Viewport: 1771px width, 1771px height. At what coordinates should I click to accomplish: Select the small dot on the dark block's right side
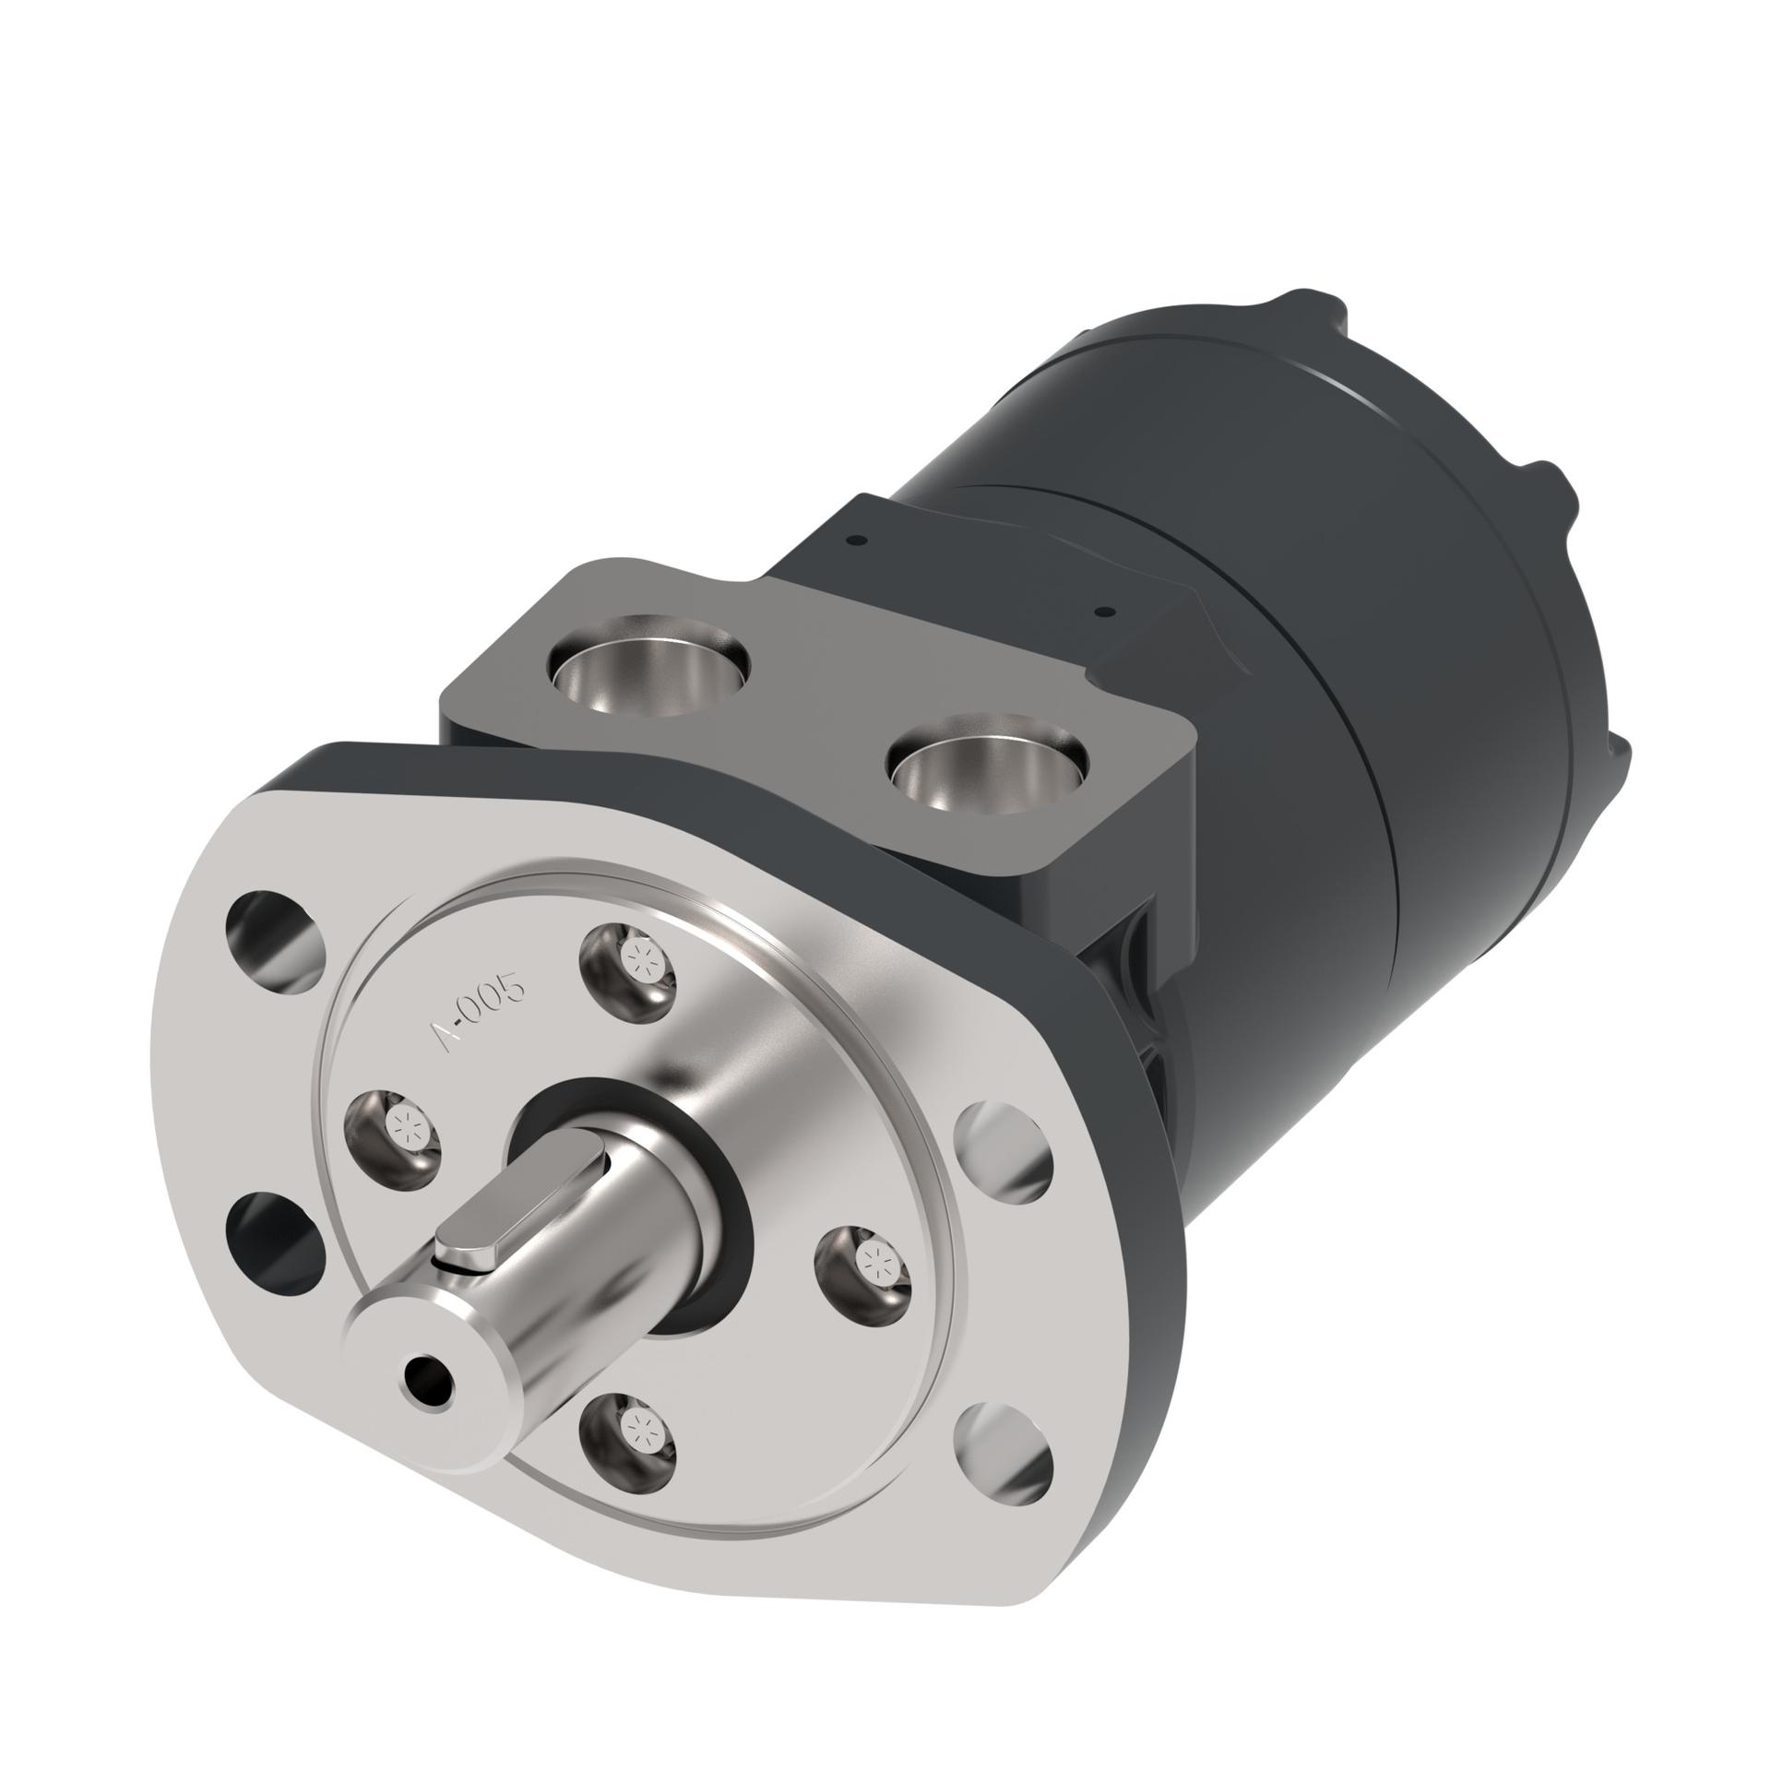(1103, 612)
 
